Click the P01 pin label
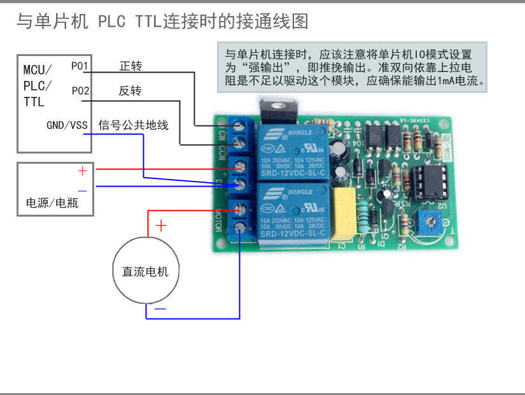click(x=80, y=66)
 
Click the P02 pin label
click(x=80, y=91)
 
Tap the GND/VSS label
click(x=67, y=126)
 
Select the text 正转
click(x=130, y=66)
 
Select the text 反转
click(x=130, y=91)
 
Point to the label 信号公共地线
click(x=134, y=126)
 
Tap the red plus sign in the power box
click(x=83, y=171)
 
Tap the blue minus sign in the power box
click(x=82, y=190)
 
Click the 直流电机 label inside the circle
click(x=145, y=271)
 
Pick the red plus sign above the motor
click(x=162, y=225)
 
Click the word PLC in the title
click(x=113, y=22)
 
